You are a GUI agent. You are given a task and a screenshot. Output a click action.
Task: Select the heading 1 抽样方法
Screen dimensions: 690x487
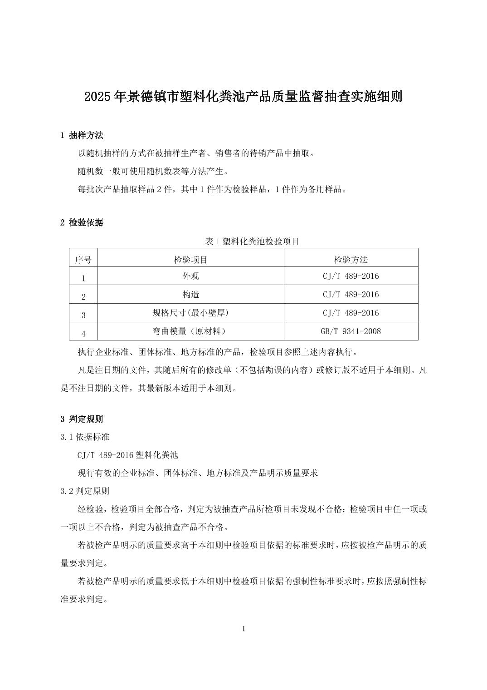click(82, 135)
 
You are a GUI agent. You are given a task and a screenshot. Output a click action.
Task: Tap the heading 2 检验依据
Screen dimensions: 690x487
click(82, 222)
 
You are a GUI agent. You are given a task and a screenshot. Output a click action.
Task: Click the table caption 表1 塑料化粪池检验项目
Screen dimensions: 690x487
click(252, 241)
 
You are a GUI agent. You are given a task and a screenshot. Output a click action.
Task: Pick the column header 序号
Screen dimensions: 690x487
click(83, 260)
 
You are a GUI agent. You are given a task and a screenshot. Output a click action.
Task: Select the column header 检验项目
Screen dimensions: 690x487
click(191, 260)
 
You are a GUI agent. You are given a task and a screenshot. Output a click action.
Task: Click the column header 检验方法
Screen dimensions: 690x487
click(351, 260)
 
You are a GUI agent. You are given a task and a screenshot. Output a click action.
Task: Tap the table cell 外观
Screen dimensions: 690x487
click(191, 276)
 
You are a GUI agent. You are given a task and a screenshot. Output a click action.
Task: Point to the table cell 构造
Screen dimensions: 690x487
click(191, 295)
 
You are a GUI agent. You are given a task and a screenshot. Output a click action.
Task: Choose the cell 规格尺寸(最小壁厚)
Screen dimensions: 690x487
click(191, 313)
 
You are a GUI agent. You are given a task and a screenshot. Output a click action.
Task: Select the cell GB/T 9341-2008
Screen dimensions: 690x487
click(351, 331)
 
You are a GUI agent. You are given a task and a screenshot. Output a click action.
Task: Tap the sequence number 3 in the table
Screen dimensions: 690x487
click(83, 315)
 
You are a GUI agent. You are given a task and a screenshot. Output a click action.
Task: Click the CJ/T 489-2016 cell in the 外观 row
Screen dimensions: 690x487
click(351, 276)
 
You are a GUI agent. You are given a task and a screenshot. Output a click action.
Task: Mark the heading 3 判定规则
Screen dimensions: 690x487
click(82, 419)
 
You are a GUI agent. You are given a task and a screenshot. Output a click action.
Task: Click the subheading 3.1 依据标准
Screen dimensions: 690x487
click(85, 437)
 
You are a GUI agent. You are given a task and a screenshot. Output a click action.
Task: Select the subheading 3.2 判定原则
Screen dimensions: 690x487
click(85, 491)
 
